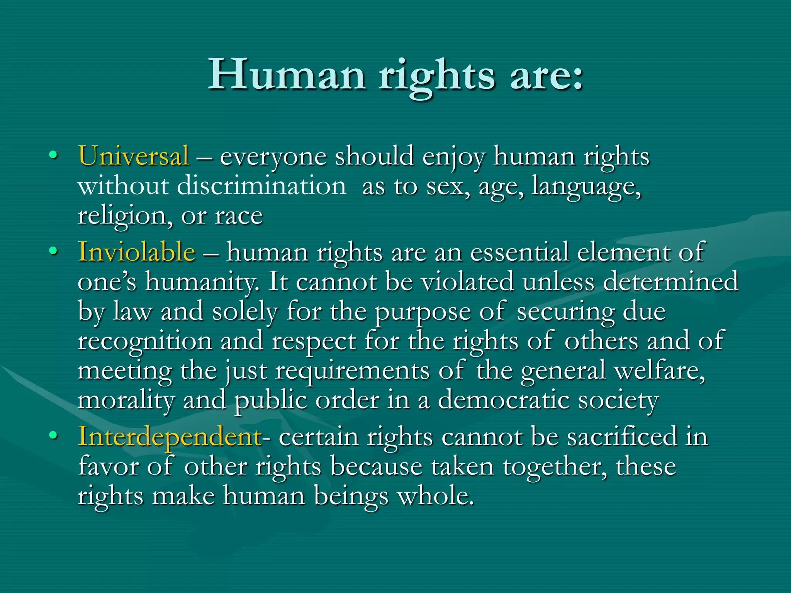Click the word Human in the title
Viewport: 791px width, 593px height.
point(287,75)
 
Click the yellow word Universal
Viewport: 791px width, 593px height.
point(134,156)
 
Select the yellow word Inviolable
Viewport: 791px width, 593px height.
point(136,252)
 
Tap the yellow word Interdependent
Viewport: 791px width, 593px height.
point(170,437)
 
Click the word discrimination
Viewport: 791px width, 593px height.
point(261,186)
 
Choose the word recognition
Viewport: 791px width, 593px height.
point(145,342)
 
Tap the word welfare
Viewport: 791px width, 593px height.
point(659,371)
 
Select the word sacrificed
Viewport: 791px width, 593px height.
point(622,437)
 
